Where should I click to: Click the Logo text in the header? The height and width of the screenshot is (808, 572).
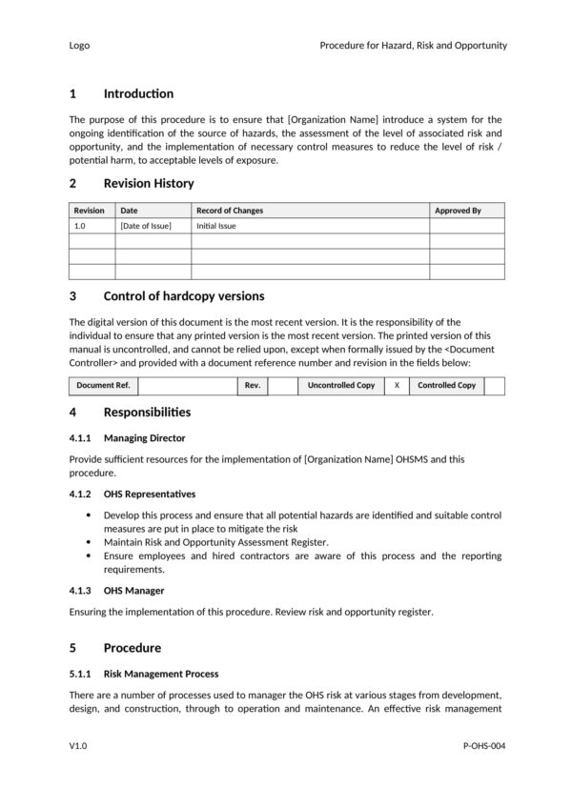[79, 45]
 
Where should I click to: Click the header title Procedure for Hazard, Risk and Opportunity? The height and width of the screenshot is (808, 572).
[413, 45]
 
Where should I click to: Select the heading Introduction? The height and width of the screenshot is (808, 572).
[138, 93]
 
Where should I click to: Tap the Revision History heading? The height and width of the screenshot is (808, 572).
[148, 183]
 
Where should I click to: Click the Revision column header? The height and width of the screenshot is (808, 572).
[90, 211]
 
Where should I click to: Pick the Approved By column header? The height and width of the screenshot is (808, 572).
[458, 211]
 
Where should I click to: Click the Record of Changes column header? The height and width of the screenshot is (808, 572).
[230, 211]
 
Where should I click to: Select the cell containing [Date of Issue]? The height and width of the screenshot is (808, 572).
[145, 226]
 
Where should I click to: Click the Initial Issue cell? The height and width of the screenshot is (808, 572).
[215, 226]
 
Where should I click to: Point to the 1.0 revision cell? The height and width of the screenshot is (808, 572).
[80, 226]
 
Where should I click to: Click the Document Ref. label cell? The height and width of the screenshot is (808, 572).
[103, 386]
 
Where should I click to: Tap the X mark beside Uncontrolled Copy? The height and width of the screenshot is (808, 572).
[397, 386]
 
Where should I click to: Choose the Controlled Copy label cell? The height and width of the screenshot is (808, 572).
[446, 386]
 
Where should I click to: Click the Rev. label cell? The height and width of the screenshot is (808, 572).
[253, 386]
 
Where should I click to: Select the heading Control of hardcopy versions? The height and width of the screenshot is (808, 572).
[183, 296]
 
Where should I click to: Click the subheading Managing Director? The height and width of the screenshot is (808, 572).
[144, 437]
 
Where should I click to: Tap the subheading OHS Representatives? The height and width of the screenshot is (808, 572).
[149, 495]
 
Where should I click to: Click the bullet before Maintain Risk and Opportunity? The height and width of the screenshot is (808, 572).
[89, 541]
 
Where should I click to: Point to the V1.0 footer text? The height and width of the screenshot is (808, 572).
[78, 746]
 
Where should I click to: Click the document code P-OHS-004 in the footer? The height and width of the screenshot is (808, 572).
[483, 746]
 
